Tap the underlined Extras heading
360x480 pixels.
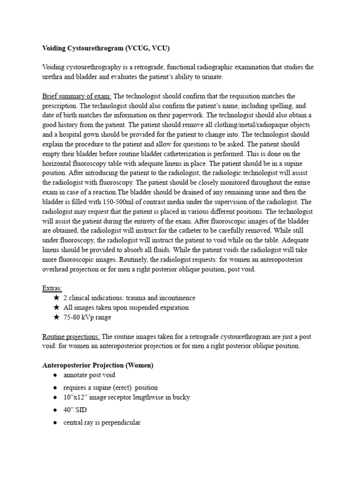[52, 288]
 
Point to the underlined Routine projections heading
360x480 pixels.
[71, 336]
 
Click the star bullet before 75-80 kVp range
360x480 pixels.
[56, 317]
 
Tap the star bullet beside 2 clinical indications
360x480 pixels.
[56, 298]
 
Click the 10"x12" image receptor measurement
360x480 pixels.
[75, 397]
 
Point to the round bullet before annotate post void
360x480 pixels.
[55, 375]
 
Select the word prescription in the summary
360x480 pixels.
[61, 106]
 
